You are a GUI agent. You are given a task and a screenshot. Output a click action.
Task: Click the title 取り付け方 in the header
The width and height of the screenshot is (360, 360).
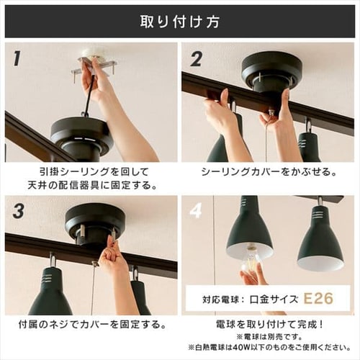coord(180,20)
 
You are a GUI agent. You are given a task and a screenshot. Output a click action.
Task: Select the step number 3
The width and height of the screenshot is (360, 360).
coord(18,211)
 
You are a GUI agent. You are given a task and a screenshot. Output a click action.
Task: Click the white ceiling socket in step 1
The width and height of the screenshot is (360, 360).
coord(91,56)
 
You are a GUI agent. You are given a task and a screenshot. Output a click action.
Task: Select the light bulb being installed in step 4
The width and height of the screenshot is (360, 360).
coord(246,262)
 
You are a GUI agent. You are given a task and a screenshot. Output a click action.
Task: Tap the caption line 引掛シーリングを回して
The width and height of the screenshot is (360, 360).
coord(91,173)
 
